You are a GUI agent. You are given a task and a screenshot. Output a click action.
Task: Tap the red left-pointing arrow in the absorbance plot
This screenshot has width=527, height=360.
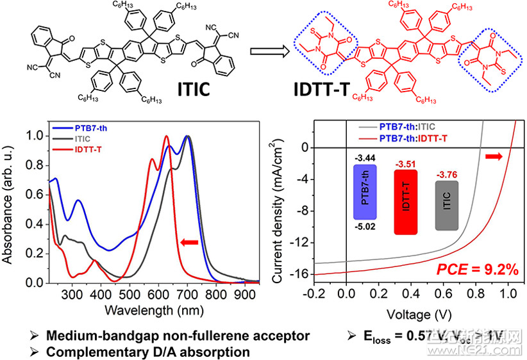point(190,242)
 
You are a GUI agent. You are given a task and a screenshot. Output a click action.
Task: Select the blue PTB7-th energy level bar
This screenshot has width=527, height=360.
point(364,191)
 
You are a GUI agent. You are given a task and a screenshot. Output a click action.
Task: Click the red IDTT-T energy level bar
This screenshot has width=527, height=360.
point(406,202)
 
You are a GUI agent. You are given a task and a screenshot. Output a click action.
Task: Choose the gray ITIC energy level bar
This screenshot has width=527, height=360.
point(446,205)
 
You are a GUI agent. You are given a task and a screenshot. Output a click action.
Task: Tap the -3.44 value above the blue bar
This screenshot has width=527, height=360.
point(364,156)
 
